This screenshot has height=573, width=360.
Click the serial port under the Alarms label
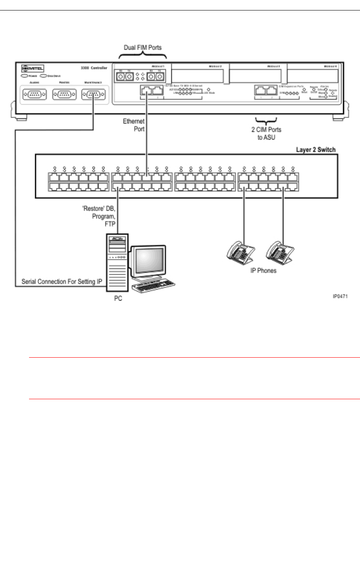tap(35, 95)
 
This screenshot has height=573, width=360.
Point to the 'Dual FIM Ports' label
tap(143, 48)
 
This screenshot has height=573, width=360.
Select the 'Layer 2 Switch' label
tap(316, 150)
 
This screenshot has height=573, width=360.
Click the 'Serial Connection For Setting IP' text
tap(60, 281)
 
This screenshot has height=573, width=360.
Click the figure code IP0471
tap(340, 296)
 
